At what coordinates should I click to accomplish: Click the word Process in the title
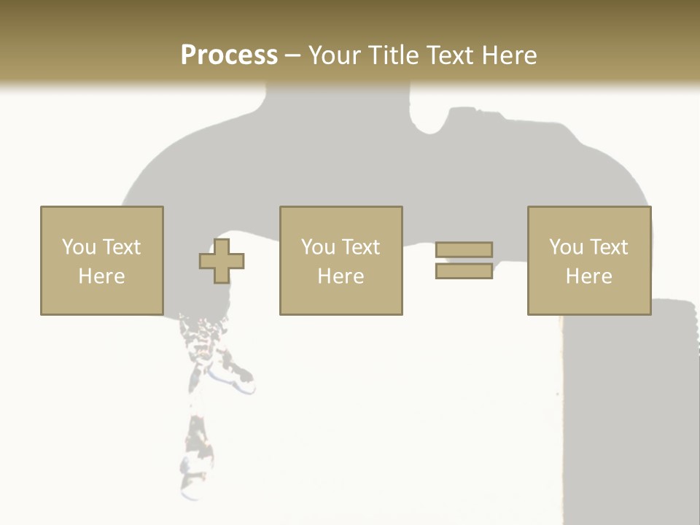point(229,55)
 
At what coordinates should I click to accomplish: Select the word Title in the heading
point(394,55)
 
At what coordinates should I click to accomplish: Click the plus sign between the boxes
point(222,261)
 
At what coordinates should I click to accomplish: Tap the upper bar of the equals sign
point(464,249)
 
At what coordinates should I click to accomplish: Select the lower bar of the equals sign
point(464,271)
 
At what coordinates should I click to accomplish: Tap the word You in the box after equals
point(566,247)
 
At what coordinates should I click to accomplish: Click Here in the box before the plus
point(101,276)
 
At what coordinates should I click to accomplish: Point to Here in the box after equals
point(589,276)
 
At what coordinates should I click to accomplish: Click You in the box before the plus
point(79,247)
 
